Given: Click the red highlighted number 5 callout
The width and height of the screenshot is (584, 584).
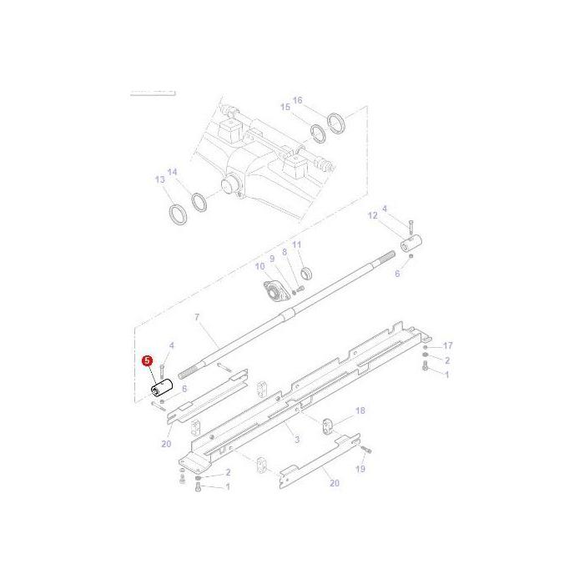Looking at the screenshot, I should coord(147,361).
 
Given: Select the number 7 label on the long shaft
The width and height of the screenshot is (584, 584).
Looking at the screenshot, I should coord(197,318).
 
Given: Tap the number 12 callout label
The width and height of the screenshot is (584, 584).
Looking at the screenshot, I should coord(374,215).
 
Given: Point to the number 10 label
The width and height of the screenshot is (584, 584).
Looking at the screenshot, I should coord(259,266).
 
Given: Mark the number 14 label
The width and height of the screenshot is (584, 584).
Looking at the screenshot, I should coord(173,173).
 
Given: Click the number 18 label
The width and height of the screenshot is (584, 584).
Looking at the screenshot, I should coord(360,410).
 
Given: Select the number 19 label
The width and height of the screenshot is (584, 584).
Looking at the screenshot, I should coord(361,470).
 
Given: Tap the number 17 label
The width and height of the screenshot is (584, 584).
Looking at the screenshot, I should coord(447,345).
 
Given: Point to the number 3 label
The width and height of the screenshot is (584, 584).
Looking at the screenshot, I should coord(296,438).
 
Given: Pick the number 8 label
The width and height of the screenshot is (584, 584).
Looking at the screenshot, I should coord(284,251).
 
